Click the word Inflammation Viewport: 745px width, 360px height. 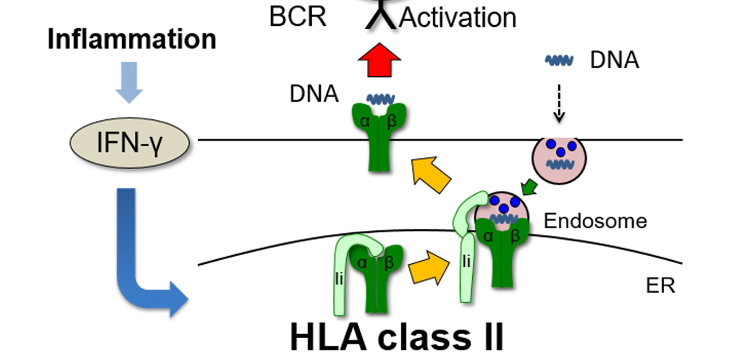click(132, 40)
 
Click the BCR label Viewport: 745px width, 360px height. click(298, 17)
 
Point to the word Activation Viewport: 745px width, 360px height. click(458, 18)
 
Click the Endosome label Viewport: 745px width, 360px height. click(595, 221)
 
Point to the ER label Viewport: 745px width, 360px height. click(661, 285)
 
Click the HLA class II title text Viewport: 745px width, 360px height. click(397, 336)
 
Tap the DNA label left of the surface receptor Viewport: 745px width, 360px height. click(314, 93)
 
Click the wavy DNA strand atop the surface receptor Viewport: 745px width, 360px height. click(379, 99)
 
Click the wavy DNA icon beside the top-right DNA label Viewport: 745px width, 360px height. click(559, 60)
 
